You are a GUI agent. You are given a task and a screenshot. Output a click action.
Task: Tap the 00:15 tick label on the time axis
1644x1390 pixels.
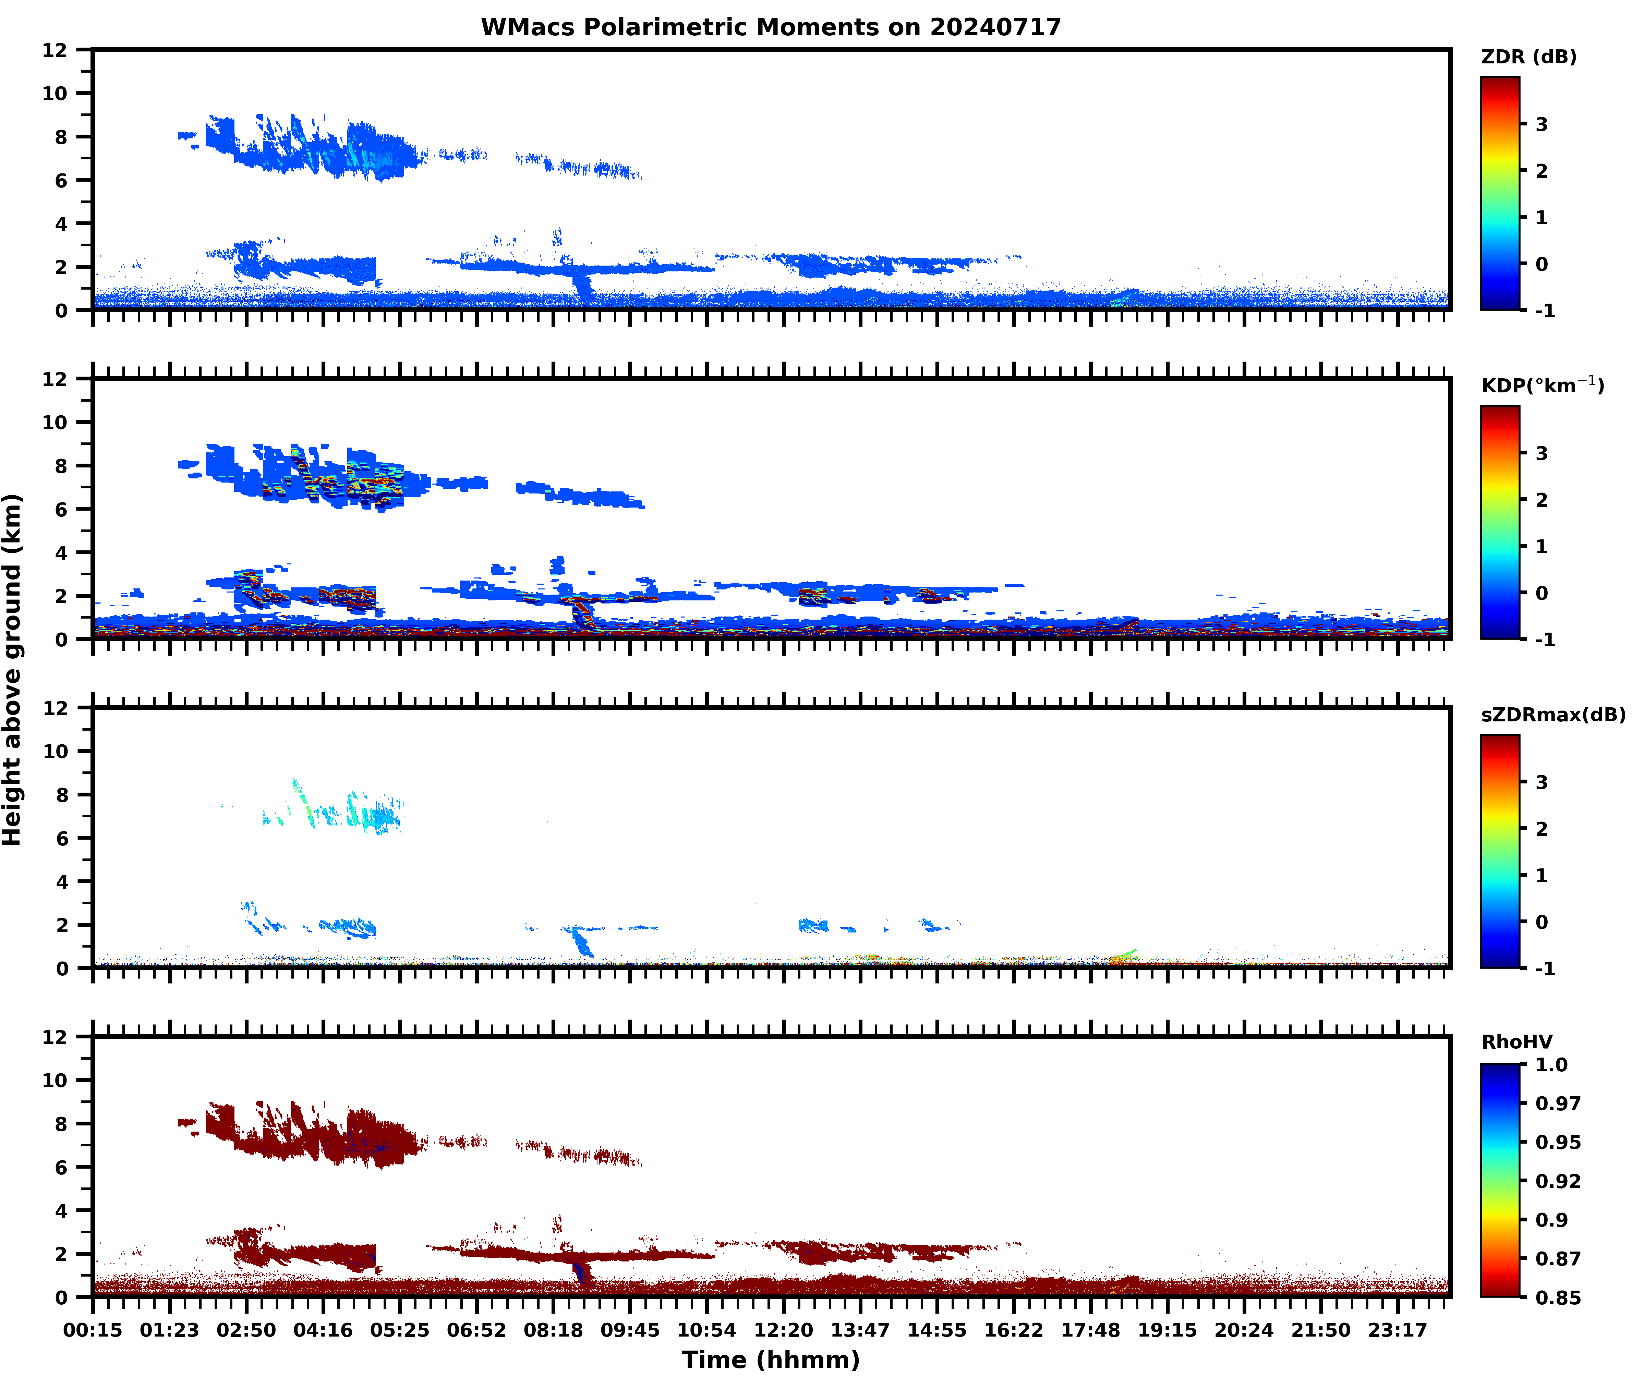[x=93, y=1330]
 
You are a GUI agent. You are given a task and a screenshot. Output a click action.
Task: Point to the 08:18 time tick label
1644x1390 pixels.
[x=553, y=1330]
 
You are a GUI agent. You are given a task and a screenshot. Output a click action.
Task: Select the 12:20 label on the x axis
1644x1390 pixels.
[x=783, y=1330]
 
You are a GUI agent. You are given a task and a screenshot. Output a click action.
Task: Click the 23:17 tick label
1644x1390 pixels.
[x=1397, y=1330]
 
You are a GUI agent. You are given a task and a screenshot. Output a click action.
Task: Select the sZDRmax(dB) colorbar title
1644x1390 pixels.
[x=1552, y=715]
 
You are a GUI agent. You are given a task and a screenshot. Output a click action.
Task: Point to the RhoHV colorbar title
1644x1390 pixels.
[x=1516, y=1042]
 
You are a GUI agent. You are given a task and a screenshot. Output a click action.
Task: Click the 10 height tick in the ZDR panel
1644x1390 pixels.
[x=55, y=93]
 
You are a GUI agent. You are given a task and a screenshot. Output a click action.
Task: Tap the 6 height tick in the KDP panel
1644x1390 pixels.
[x=61, y=509]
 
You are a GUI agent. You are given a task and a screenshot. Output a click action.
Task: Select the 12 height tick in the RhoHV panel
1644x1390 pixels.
[x=55, y=1037]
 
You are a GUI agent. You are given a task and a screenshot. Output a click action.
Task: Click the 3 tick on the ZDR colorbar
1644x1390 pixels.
[x=1542, y=124]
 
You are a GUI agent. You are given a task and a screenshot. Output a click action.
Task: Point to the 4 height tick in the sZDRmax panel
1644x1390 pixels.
[x=61, y=882]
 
